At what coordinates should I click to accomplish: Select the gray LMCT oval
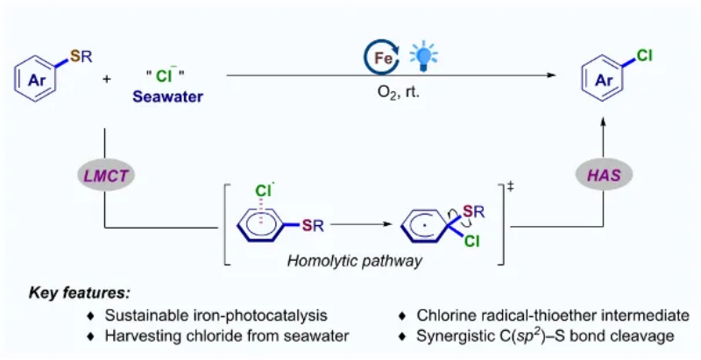[104, 176]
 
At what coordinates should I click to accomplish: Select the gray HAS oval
[604, 176]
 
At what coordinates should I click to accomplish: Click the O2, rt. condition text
[396, 90]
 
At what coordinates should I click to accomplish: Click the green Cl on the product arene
[644, 55]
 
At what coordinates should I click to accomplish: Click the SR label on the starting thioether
[79, 57]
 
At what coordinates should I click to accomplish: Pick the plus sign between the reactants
[107, 80]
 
